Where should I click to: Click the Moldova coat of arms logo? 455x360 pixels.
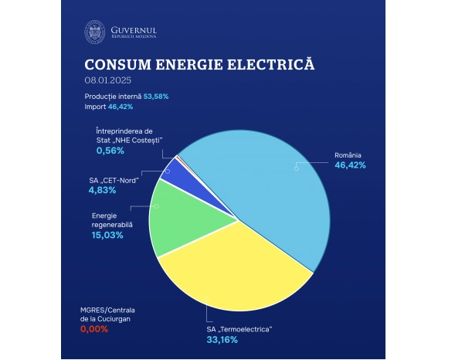pos(95,32)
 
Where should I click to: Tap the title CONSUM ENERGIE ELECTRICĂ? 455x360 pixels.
pos(199,63)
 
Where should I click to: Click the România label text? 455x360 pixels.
pos(348,155)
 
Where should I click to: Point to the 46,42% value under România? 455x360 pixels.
pos(350,165)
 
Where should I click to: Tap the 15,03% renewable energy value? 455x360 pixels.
pos(107,235)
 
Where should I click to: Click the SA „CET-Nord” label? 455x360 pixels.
pos(114,179)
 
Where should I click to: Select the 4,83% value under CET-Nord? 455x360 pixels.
pos(101,189)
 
